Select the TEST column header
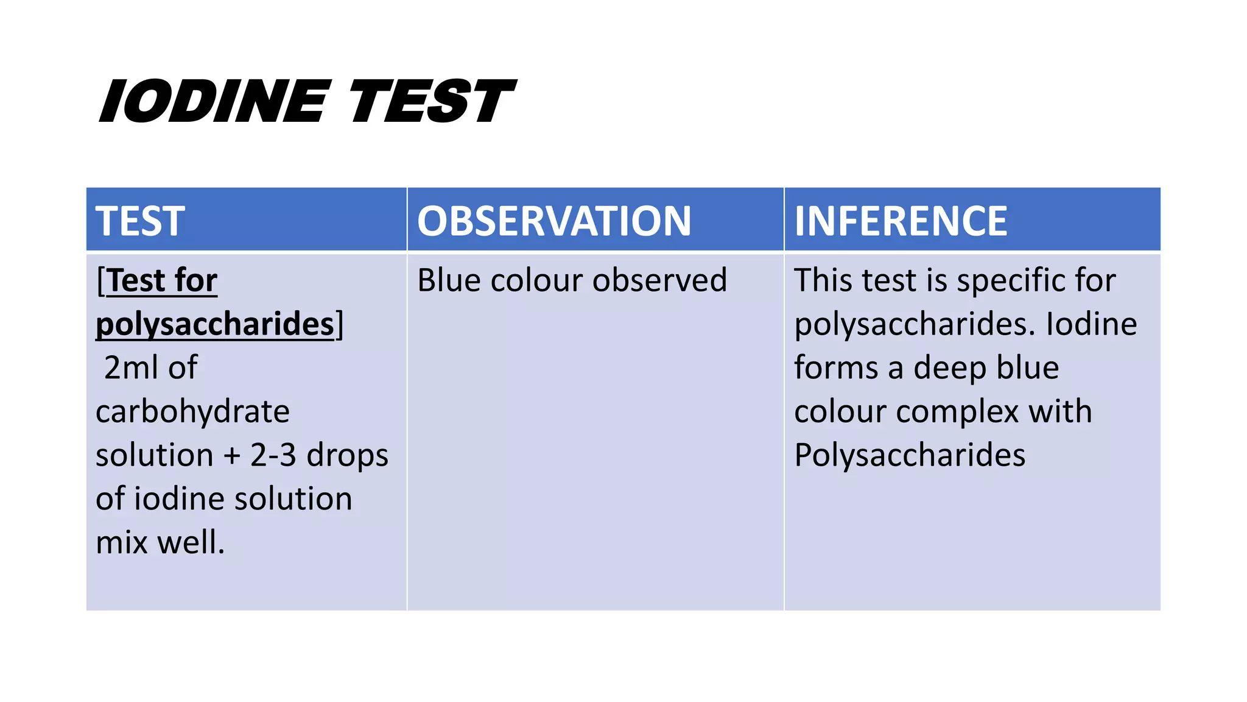pos(140,221)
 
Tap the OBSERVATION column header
pos(554,221)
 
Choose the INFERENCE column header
pos(901,221)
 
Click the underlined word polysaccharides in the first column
pos(215,324)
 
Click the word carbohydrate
pos(192,412)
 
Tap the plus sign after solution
pos(232,455)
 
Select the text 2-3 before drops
pos(273,455)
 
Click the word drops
pos(347,455)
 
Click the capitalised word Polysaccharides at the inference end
pos(910,455)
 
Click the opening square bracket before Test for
pos(100,280)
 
